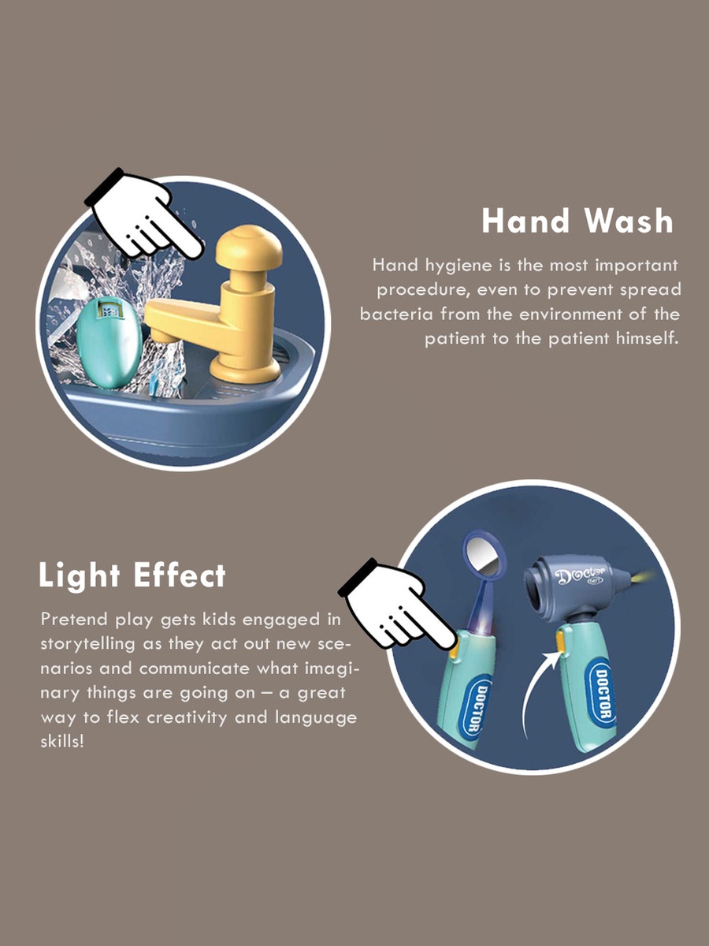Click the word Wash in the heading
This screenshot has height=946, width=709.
coord(629,221)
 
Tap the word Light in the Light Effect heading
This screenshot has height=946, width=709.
coord(80,575)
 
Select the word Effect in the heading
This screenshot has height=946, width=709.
coord(180,575)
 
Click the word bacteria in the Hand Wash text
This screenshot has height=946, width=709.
coord(396,314)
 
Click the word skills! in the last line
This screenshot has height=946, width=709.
coord(62,742)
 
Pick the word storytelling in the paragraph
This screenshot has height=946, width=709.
coord(88,645)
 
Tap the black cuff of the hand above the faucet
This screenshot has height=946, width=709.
coord(105,187)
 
